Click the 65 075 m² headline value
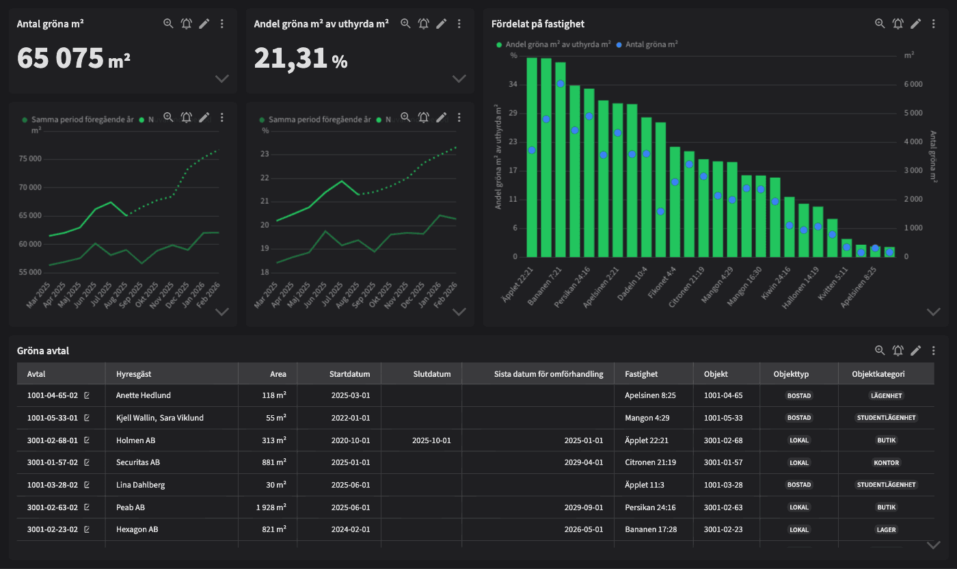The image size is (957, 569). pos(73,59)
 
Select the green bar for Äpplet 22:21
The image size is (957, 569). pos(532,157)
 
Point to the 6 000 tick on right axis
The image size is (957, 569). pos(915,84)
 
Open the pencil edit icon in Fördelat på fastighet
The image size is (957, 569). pos(915,23)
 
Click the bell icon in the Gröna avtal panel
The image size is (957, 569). pos(898,351)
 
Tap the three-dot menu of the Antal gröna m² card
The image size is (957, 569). pos(221,24)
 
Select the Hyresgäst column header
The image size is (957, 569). pos(134,374)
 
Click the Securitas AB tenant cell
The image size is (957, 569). pos(138,462)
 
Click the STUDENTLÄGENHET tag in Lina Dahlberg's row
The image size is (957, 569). pos(886,485)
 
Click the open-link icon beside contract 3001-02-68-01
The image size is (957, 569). pos(87,440)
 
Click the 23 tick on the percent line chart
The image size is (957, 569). pos(265,154)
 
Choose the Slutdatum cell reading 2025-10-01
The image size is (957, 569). pos(431,440)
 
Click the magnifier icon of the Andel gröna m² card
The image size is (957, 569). pos(405,23)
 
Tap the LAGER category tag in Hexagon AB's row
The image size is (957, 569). pos(886,529)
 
